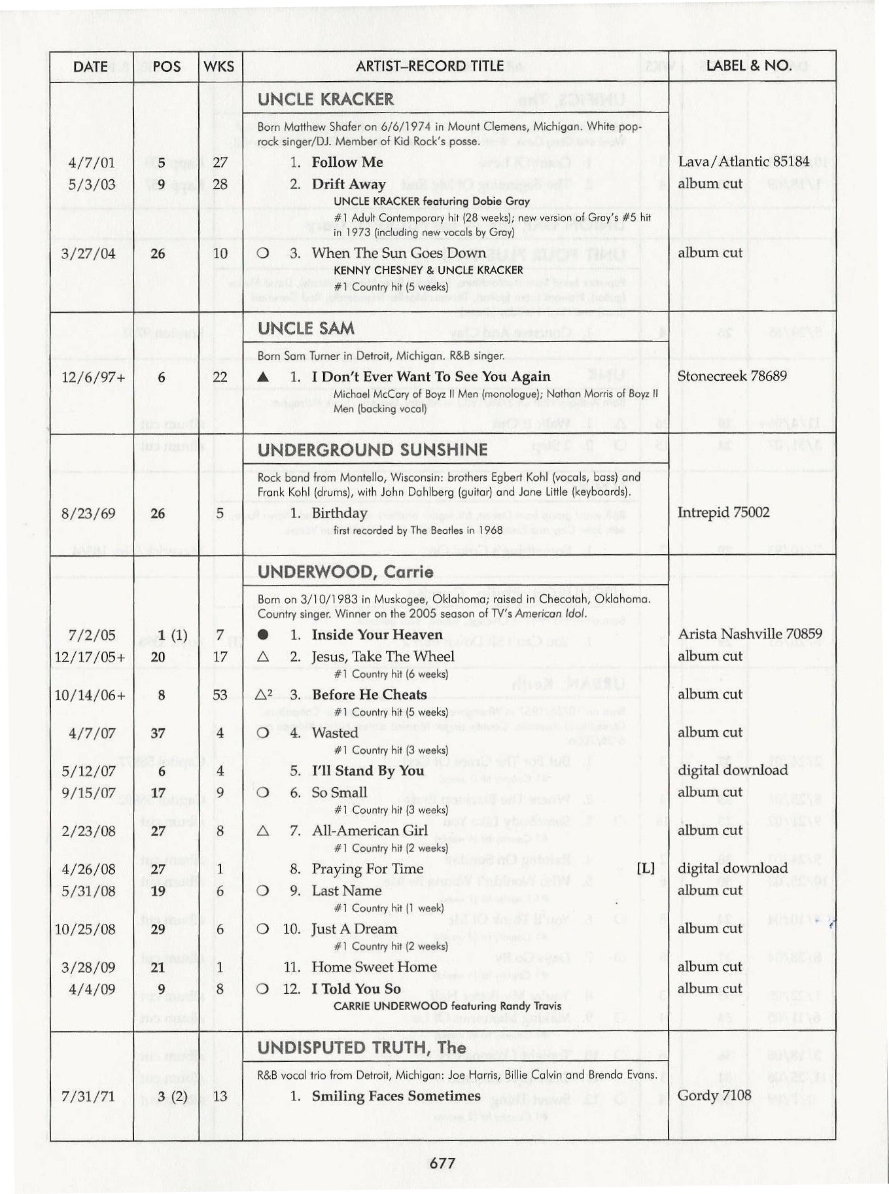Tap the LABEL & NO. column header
pyautogui.click(x=748, y=65)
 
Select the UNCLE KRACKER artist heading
pyautogui.click(x=325, y=99)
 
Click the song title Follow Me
pyautogui.click(x=347, y=162)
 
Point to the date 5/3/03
pyautogui.click(x=92, y=184)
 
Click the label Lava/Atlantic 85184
pyautogui.click(x=743, y=162)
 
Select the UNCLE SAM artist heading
pyautogui.click(x=305, y=328)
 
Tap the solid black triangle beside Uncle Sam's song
pyautogui.click(x=263, y=377)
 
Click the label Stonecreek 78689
pyautogui.click(x=732, y=376)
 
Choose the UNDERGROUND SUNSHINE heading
pyautogui.click(x=372, y=450)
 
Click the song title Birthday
pyautogui.click(x=339, y=513)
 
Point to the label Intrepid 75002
pyautogui.click(x=723, y=512)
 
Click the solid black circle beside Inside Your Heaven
pyautogui.click(x=263, y=635)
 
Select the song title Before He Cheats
pyautogui.click(x=369, y=695)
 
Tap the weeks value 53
pyautogui.click(x=220, y=695)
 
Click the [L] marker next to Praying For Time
pyautogui.click(x=645, y=868)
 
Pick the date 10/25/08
pyautogui.click(x=85, y=929)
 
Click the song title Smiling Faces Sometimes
pyautogui.click(x=396, y=1096)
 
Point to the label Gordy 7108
pyautogui.click(x=714, y=1095)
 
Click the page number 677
pyautogui.click(x=443, y=1163)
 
